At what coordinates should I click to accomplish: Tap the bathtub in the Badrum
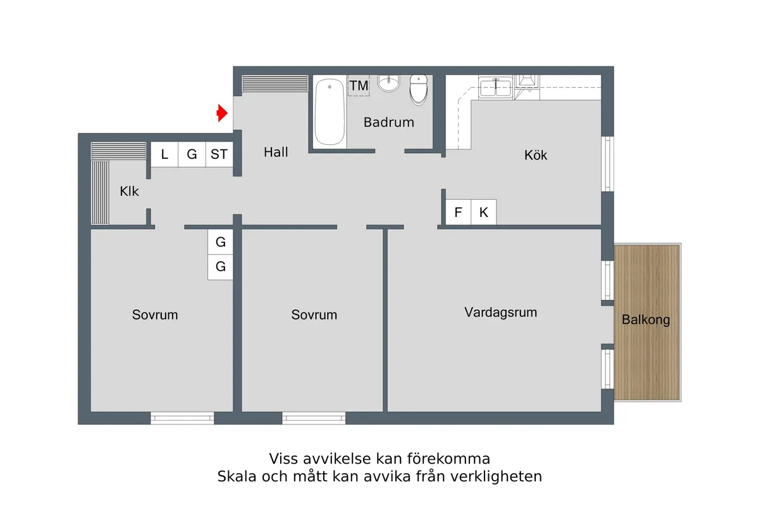click(x=330, y=112)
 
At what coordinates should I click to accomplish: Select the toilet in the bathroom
click(x=419, y=90)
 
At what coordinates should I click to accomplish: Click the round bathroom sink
click(x=389, y=83)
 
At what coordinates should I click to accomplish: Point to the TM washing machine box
click(x=359, y=85)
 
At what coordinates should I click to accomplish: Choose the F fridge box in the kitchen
click(x=458, y=213)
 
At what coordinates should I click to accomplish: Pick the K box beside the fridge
click(x=484, y=213)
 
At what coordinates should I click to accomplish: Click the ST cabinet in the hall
click(x=219, y=154)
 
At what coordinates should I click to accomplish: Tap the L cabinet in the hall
click(x=164, y=154)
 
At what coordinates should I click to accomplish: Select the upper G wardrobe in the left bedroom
click(x=220, y=242)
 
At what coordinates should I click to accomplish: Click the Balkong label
click(x=646, y=320)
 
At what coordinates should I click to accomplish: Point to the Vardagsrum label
click(x=500, y=312)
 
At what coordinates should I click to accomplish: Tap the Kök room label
click(x=536, y=155)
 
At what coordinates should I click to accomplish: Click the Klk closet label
click(x=129, y=191)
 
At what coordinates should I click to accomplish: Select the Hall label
click(x=276, y=152)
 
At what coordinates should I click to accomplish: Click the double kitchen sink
click(x=495, y=87)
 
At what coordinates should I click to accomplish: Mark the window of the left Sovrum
click(x=182, y=417)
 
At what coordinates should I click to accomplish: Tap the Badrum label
click(x=388, y=122)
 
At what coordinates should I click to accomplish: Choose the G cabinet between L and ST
click(x=192, y=154)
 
